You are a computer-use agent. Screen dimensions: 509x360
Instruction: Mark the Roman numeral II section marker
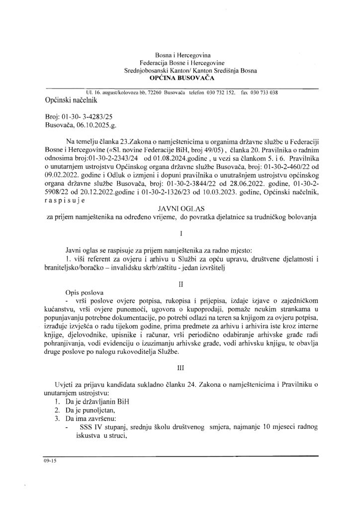point(180,285)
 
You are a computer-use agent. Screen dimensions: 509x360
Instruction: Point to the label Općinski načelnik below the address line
point(71,100)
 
